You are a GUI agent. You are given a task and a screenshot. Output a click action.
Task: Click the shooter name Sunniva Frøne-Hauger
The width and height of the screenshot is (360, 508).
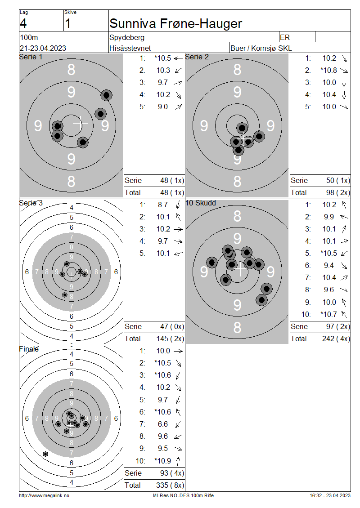click(175, 24)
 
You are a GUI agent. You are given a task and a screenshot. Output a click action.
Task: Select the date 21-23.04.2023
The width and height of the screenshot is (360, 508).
click(43, 48)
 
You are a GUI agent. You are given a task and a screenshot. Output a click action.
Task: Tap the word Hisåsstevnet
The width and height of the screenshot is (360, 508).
click(130, 48)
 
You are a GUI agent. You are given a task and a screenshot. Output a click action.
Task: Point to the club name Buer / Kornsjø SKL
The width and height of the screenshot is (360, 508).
click(261, 48)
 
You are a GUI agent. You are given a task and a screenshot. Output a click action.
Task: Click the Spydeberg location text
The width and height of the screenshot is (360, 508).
click(127, 38)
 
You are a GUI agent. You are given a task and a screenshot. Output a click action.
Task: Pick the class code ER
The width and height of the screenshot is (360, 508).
click(285, 37)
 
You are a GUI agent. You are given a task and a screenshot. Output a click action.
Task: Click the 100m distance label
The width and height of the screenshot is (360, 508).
click(29, 37)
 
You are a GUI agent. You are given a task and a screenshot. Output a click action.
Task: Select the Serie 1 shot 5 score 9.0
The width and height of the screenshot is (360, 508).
click(163, 107)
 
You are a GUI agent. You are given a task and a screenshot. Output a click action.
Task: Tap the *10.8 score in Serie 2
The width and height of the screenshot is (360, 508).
click(328, 70)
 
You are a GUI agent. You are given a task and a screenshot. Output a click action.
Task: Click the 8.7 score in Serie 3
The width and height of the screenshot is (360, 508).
click(163, 205)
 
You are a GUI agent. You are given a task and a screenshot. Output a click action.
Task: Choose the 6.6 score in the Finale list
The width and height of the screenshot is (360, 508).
click(163, 424)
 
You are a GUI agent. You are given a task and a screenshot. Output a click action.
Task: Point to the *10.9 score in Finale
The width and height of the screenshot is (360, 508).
click(162, 461)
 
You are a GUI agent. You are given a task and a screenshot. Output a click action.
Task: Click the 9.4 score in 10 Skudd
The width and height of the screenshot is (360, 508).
click(328, 265)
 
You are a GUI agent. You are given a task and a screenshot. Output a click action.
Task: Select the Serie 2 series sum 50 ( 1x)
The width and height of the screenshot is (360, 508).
click(338, 180)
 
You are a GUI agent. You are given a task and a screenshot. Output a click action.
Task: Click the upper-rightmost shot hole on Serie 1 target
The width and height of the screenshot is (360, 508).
click(106, 95)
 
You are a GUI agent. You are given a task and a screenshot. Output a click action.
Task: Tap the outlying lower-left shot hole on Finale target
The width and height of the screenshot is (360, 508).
click(45, 454)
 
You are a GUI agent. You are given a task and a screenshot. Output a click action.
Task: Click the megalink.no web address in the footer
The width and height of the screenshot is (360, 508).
click(44, 495)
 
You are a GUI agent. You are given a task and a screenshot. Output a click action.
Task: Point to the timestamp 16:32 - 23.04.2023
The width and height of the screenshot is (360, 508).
click(330, 495)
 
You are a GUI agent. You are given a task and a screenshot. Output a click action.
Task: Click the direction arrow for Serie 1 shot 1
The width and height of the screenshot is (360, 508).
click(178, 58)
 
